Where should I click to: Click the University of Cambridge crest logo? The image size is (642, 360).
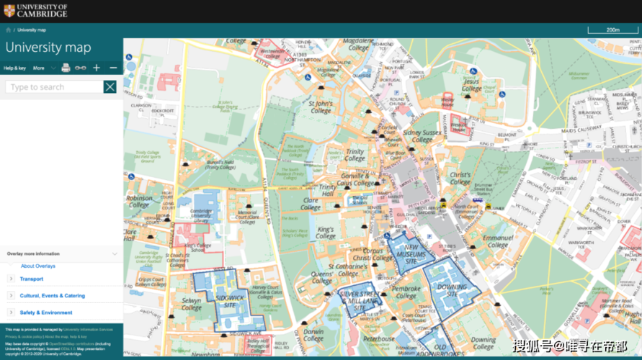coord(9,11)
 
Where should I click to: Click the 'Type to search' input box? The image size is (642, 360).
coord(54,87)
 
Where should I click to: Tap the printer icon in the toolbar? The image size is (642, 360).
coord(66,68)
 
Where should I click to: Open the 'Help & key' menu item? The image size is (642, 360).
coord(14,68)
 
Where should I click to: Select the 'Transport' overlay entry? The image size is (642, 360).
coord(32,279)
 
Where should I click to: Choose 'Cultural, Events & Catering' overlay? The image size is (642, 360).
coord(52,295)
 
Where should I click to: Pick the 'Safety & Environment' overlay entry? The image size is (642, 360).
coord(46,312)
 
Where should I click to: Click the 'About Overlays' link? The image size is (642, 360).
coord(38,266)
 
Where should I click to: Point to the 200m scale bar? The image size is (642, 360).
coord(612,30)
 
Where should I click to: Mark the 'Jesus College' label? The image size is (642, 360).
coord(471,86)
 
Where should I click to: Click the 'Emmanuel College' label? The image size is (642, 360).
coord(498,240)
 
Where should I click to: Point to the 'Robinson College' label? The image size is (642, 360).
coord(139,201)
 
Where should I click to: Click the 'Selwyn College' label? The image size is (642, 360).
coord(192,303)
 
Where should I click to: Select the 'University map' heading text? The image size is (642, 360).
coord(48,48)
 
